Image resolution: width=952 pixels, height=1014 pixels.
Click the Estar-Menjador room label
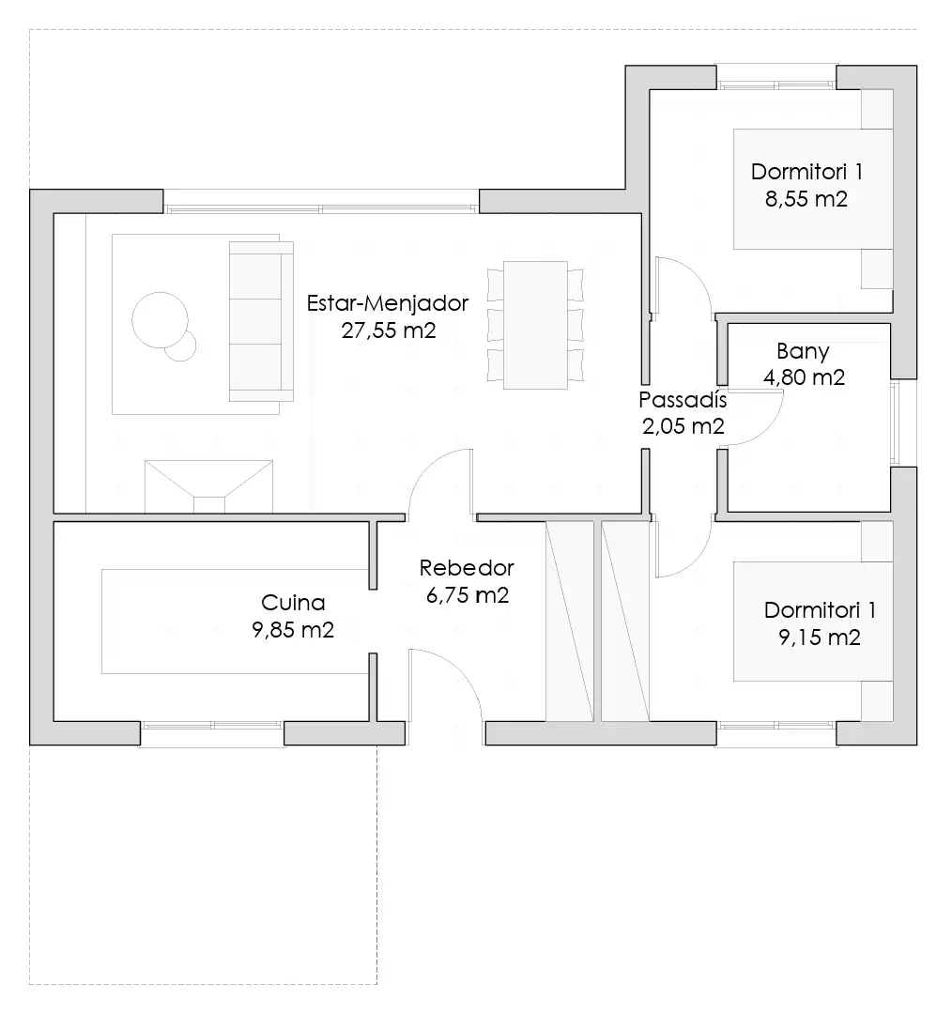pos(388,303)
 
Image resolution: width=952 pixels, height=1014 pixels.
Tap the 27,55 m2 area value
pos(389,330)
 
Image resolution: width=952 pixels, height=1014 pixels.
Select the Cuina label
pos(293,603)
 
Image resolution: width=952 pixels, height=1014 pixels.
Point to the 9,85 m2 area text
pos(293,630)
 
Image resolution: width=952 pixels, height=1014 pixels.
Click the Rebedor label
pos(467,568)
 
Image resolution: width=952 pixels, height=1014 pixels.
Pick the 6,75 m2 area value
pos(467,595)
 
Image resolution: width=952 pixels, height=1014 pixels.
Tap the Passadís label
pos(683,400)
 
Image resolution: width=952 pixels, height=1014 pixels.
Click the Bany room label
pos(804,352)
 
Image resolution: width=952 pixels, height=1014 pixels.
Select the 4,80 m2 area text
pos(804,377)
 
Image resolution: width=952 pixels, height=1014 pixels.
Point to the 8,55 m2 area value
pos(806,199)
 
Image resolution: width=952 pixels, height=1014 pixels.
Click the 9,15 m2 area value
pos(820,638)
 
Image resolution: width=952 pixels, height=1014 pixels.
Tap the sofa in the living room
pos(261,321)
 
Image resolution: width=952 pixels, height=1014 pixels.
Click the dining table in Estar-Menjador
pos(535,325)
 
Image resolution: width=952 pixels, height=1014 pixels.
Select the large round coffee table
pos(160,320)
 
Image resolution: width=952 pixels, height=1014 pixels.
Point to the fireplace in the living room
pos(209,487)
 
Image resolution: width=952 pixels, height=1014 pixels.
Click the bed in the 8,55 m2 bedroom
pos(813,189)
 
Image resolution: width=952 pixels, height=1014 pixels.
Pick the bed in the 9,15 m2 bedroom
pos(813,621)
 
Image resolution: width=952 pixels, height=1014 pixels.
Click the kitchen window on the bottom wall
pos(212,726)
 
